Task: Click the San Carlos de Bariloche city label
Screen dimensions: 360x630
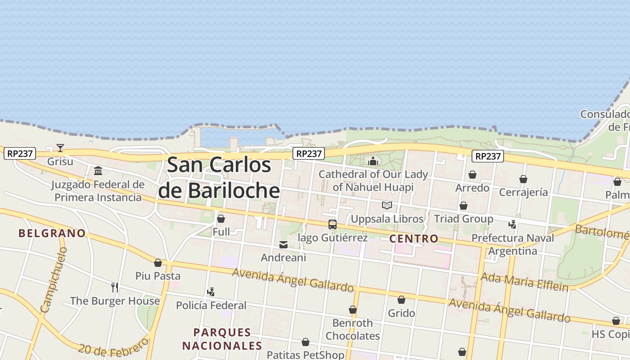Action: point(219,178)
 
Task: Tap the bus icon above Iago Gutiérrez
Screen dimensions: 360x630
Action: point(333,224)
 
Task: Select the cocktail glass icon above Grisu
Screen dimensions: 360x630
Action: point(60,148)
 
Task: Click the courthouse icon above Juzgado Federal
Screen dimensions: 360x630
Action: point(98,171)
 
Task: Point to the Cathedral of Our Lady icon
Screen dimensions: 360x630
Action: point(373,161)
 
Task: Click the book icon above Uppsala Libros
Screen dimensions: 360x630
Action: point(387,206)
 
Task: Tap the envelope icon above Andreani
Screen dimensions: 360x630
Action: point(283,245)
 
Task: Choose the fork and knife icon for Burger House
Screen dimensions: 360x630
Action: point(115,287)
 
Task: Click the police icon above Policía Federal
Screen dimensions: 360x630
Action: point(211,292)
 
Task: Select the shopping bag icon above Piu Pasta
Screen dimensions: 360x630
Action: point(158,263)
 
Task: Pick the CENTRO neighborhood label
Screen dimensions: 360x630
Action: point(414,238)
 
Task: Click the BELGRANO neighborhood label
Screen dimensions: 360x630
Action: point(52,233)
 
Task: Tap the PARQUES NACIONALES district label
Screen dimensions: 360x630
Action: point(222,339)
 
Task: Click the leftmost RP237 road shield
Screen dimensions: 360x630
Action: point(20,153)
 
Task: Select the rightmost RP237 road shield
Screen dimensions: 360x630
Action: point(488,156)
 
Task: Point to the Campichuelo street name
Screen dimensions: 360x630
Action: point(54,279)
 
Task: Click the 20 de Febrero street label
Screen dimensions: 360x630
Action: point(113,347)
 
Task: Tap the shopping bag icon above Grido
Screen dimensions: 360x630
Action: point(401,300)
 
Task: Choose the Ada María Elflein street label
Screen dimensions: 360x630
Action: point(524,281)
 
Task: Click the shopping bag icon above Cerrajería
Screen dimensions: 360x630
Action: point(523,180)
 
